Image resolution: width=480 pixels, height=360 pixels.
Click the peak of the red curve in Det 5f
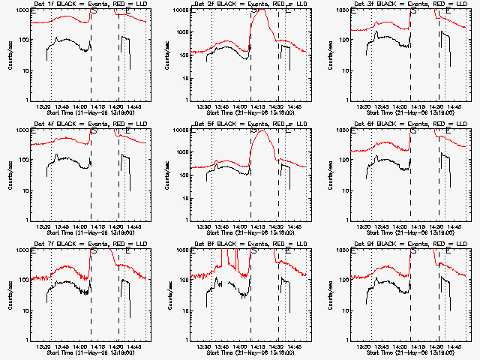pyautogui.click(x=262, y=131)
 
